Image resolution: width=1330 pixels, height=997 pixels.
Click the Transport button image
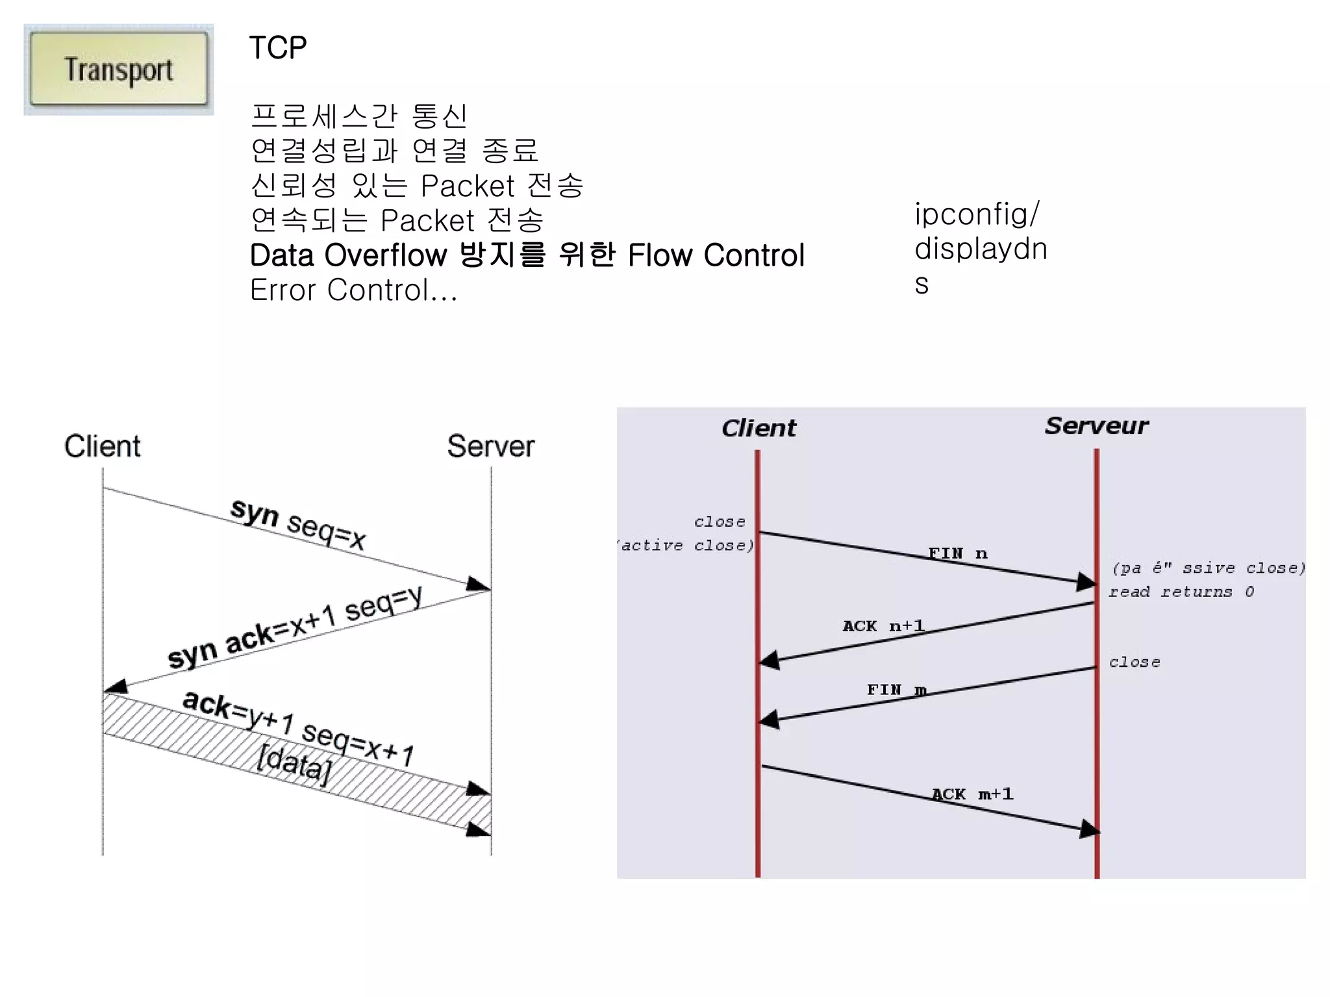tap(119, 69)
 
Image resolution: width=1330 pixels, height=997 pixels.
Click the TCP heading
tap(278, 48)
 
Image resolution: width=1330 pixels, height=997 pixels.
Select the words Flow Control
tap(716, 255)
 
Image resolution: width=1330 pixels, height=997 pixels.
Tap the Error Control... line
tap(354, 290)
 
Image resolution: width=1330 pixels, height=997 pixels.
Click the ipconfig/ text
tap(977, 214)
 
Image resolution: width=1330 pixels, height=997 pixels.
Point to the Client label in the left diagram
tap(103, 446)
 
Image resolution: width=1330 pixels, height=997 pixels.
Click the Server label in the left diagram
tap(490, 446)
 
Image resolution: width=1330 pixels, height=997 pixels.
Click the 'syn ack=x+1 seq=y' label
tap(295, 628)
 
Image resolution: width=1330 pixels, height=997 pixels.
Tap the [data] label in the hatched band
tap(294, 761)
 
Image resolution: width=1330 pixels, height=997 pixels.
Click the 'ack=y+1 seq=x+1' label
tap(298, 729)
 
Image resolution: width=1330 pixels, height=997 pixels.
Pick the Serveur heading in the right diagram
tap(1096, 426)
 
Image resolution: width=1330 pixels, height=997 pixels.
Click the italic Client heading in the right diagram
tap(759, 428)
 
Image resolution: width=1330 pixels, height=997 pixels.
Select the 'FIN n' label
tap(957, 553)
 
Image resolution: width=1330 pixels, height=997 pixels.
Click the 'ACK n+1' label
tap(883, 626)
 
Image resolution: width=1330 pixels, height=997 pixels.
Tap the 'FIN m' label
tap(896, 690)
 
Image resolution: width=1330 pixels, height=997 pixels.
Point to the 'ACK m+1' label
tap(972, 794)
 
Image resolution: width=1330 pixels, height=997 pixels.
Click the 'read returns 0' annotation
tap(1181, 592)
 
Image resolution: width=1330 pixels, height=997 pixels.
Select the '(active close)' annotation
tap(686, 546)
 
